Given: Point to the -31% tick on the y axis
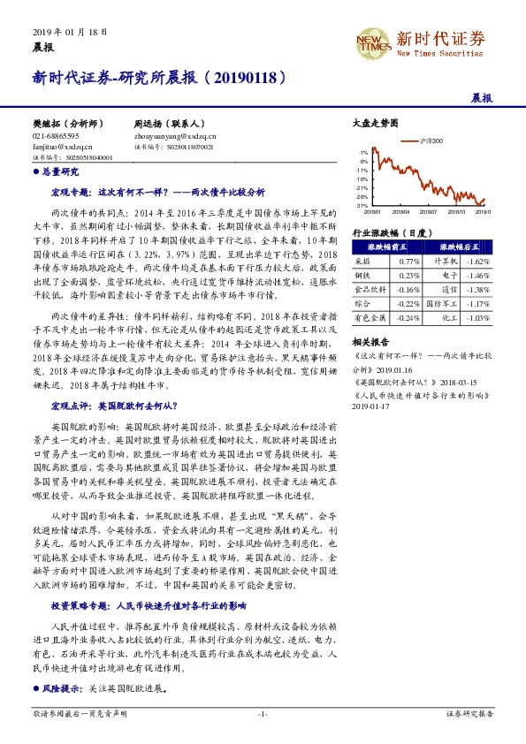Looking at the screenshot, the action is point(363,205).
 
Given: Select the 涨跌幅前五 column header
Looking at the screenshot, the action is point(386,248).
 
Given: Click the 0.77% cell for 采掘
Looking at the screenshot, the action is point(409,262).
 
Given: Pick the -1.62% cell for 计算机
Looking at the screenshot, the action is point(477,262).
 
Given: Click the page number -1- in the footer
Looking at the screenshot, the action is point(263,713).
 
